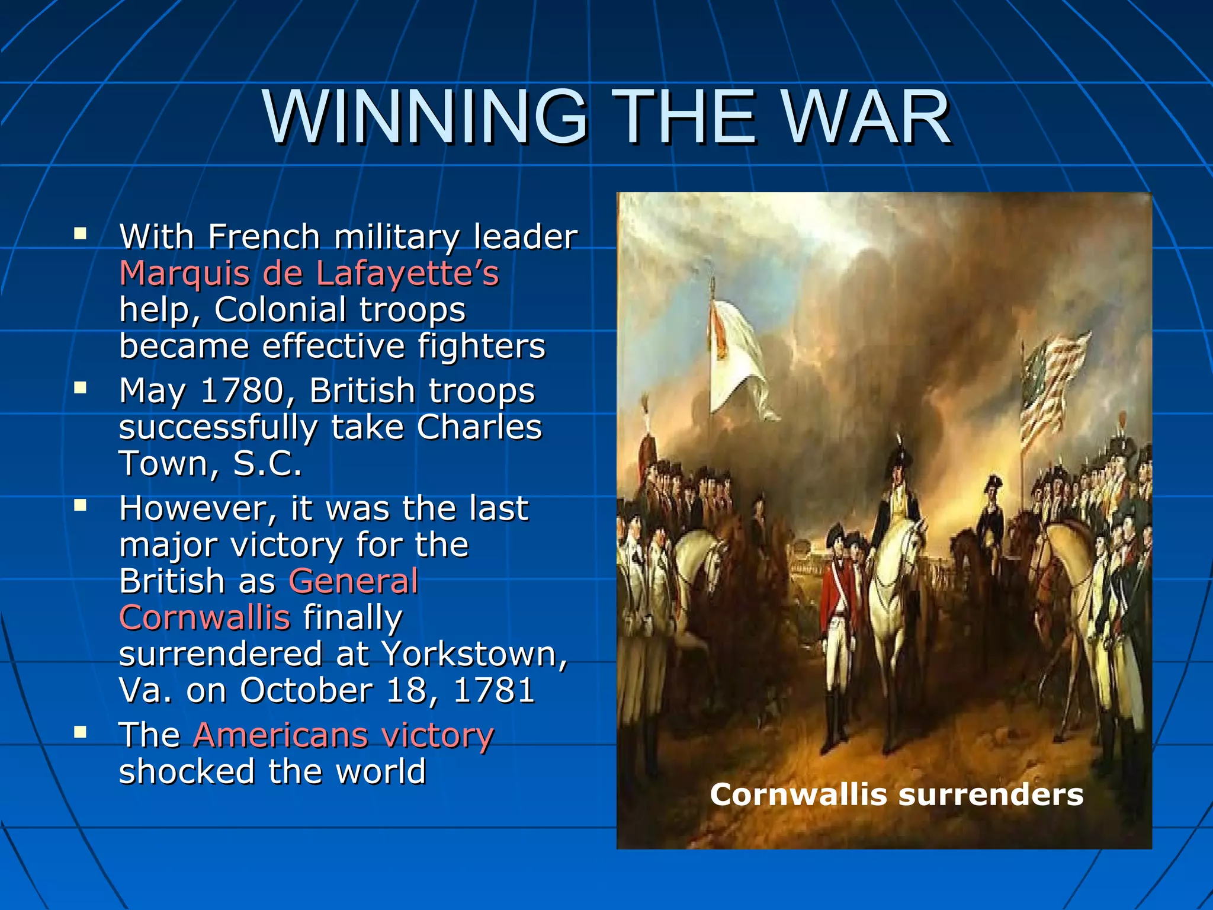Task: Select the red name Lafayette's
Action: tap(407, 274)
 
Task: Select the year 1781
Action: tap(494, 690)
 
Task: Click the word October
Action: tap(306, 690)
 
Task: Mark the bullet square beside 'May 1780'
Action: tap(80, 388)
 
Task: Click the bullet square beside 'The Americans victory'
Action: tap(80, 732)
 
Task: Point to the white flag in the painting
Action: tap(736, 355)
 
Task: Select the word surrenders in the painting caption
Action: tap(991, 794)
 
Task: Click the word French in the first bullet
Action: tap(264, 238)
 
